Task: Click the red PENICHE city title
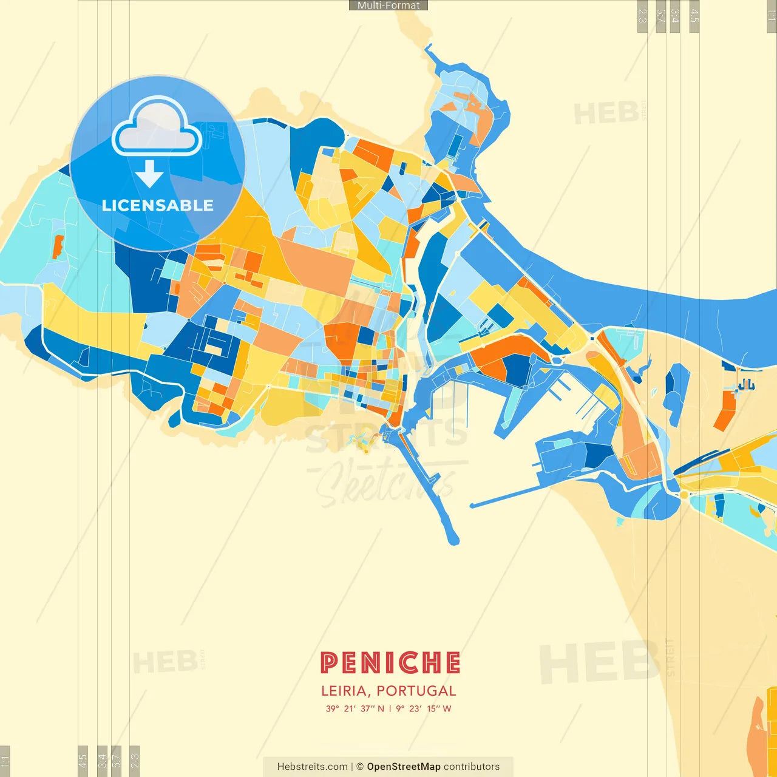390,663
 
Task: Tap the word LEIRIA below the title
344,691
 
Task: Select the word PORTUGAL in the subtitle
416,691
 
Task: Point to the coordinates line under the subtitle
388,708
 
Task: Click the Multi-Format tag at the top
388,5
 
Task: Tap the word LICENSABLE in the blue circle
157,205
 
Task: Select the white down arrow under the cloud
149,175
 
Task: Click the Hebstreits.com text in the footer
312,767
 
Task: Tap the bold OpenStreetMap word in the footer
404,767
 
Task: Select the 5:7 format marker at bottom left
117,760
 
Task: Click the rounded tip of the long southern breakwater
452,538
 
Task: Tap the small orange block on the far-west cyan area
58,247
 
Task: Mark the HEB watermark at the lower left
165,662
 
